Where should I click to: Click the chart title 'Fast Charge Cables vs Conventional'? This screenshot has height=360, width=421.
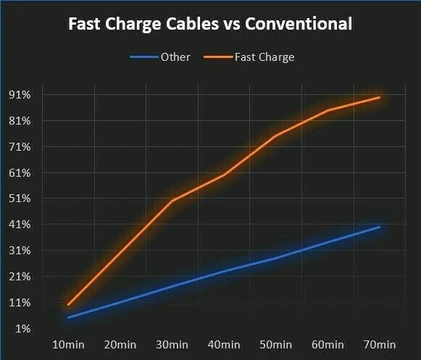210,24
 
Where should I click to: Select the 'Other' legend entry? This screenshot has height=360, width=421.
174,57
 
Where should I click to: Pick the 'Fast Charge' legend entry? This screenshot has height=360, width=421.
264,57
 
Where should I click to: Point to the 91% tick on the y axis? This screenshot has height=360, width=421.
19,95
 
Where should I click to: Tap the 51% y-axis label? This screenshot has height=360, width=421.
19,198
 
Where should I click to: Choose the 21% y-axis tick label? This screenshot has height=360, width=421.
19,277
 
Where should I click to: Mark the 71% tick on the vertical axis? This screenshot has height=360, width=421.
19,147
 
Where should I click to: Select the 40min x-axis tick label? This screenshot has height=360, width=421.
224,344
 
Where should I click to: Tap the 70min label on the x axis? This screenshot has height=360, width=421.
379,344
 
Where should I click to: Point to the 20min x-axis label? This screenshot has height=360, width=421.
120,344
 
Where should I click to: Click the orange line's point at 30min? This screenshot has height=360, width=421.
172,201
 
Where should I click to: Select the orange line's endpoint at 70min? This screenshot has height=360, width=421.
379,97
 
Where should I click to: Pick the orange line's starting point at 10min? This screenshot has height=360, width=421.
69,304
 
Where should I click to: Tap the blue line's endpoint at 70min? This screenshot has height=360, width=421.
379,227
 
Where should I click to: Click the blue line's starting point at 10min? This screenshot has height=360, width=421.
69,317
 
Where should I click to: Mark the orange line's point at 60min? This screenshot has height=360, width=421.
328,110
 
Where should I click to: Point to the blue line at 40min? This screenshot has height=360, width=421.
224,271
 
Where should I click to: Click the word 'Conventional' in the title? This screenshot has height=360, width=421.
299,24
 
